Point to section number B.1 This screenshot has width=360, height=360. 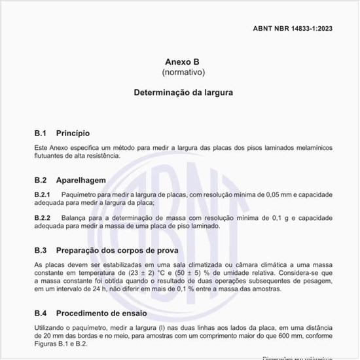41,133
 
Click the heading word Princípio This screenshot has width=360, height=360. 73,133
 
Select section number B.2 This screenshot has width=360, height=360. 41,179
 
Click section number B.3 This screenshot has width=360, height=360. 41,249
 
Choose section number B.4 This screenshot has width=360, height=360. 41,312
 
